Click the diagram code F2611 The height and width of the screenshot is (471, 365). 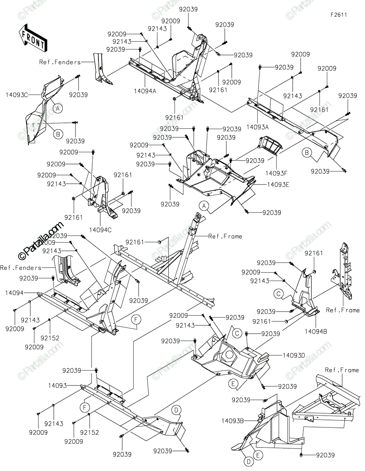tap(338, 15)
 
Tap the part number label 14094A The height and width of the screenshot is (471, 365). tap(145, 90)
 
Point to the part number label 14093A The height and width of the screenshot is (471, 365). tap(257, 127)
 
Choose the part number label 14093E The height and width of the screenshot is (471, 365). tap(278, 184)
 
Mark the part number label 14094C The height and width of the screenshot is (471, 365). tap(101, 229)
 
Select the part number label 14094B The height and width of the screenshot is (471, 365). tap(316, 331)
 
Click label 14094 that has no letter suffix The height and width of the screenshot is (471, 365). tap(14, 292)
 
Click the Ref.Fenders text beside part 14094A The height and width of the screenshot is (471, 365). tap(60, 62)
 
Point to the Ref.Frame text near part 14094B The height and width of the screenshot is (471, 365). tap(343, 310)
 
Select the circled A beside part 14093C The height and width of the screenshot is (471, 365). tap(58, 108)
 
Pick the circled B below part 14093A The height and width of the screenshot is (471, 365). tap(307, 152)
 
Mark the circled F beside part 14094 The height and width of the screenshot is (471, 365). tap(136, 320)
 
